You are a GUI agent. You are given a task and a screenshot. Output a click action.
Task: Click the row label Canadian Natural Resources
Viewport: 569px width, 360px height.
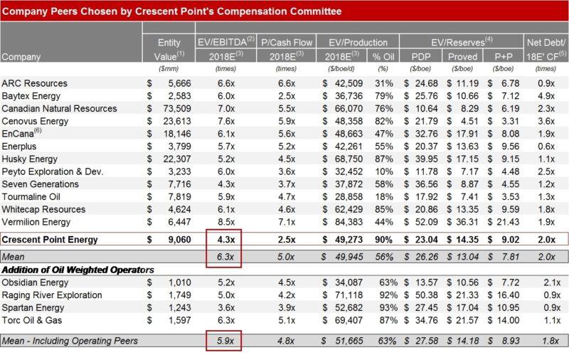[59, 109]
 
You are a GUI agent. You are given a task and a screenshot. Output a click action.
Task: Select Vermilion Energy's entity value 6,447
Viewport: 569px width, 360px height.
[179, 222]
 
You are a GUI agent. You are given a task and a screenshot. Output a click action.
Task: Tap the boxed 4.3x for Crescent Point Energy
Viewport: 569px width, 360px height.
[226, 240]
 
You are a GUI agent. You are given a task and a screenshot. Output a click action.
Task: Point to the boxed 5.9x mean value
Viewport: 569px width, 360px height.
[225, 341]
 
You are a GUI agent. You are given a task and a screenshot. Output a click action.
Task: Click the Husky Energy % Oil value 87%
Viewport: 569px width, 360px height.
[384, 159]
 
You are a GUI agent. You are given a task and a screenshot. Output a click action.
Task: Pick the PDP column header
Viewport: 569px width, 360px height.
[421, 57]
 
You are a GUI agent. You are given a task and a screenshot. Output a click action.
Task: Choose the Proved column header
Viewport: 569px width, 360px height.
[463, 57]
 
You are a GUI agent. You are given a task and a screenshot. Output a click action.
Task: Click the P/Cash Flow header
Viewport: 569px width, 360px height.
[287, 43]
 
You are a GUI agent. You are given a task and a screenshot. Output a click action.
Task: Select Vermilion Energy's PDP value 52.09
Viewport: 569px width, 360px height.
[426, 222]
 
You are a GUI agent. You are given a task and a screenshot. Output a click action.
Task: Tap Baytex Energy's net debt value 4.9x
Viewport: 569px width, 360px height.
[546, 96]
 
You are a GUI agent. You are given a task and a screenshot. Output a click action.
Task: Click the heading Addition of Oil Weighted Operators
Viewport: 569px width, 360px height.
[78, 270]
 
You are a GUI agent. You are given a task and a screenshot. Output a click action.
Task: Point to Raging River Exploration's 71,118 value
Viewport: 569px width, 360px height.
[349, 295]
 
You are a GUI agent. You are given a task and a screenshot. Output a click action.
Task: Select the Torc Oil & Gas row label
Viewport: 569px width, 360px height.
[32, 320]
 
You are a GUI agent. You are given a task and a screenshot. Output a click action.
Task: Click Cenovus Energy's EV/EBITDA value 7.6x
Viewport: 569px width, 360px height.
[226, 121]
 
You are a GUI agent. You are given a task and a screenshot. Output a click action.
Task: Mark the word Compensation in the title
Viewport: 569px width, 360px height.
[252, 11]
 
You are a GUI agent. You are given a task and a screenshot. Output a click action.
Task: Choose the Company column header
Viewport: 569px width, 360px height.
[21, 57]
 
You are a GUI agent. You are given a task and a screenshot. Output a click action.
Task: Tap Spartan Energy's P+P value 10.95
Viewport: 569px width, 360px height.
[508, 308]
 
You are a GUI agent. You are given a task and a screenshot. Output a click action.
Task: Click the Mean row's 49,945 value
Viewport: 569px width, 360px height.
[349, 257]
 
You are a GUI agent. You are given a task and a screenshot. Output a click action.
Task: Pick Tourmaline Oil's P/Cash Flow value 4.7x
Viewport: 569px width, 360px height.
[287, 196]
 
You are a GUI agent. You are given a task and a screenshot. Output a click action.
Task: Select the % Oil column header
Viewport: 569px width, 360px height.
[383, 57]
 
